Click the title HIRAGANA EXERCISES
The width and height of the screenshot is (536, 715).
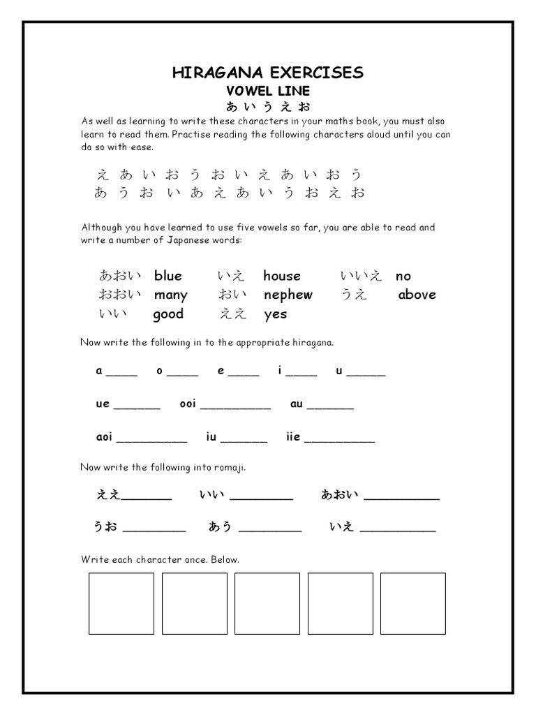tap(267, 73)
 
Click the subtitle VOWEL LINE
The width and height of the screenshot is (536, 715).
tap(267, 91)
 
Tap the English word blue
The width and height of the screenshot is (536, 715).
tap(168, 276)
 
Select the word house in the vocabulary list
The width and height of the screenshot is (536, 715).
tap(282, 276)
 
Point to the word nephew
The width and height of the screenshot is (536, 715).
tap(288, 295)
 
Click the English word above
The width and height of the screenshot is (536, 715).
tap(417, 295)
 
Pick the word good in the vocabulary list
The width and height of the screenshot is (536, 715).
tap(168, 314)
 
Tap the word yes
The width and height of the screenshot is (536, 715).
tap(276, 314)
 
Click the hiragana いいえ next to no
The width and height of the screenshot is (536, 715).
tap(361, 276)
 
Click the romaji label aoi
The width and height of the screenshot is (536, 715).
tap(104, 437)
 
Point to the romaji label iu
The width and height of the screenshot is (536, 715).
tap(211, 437)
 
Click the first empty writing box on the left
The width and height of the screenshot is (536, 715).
tap(121, 603)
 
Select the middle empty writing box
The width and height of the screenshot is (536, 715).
tap(267, 603)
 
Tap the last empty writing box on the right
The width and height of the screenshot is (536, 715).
tap(413, 603)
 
